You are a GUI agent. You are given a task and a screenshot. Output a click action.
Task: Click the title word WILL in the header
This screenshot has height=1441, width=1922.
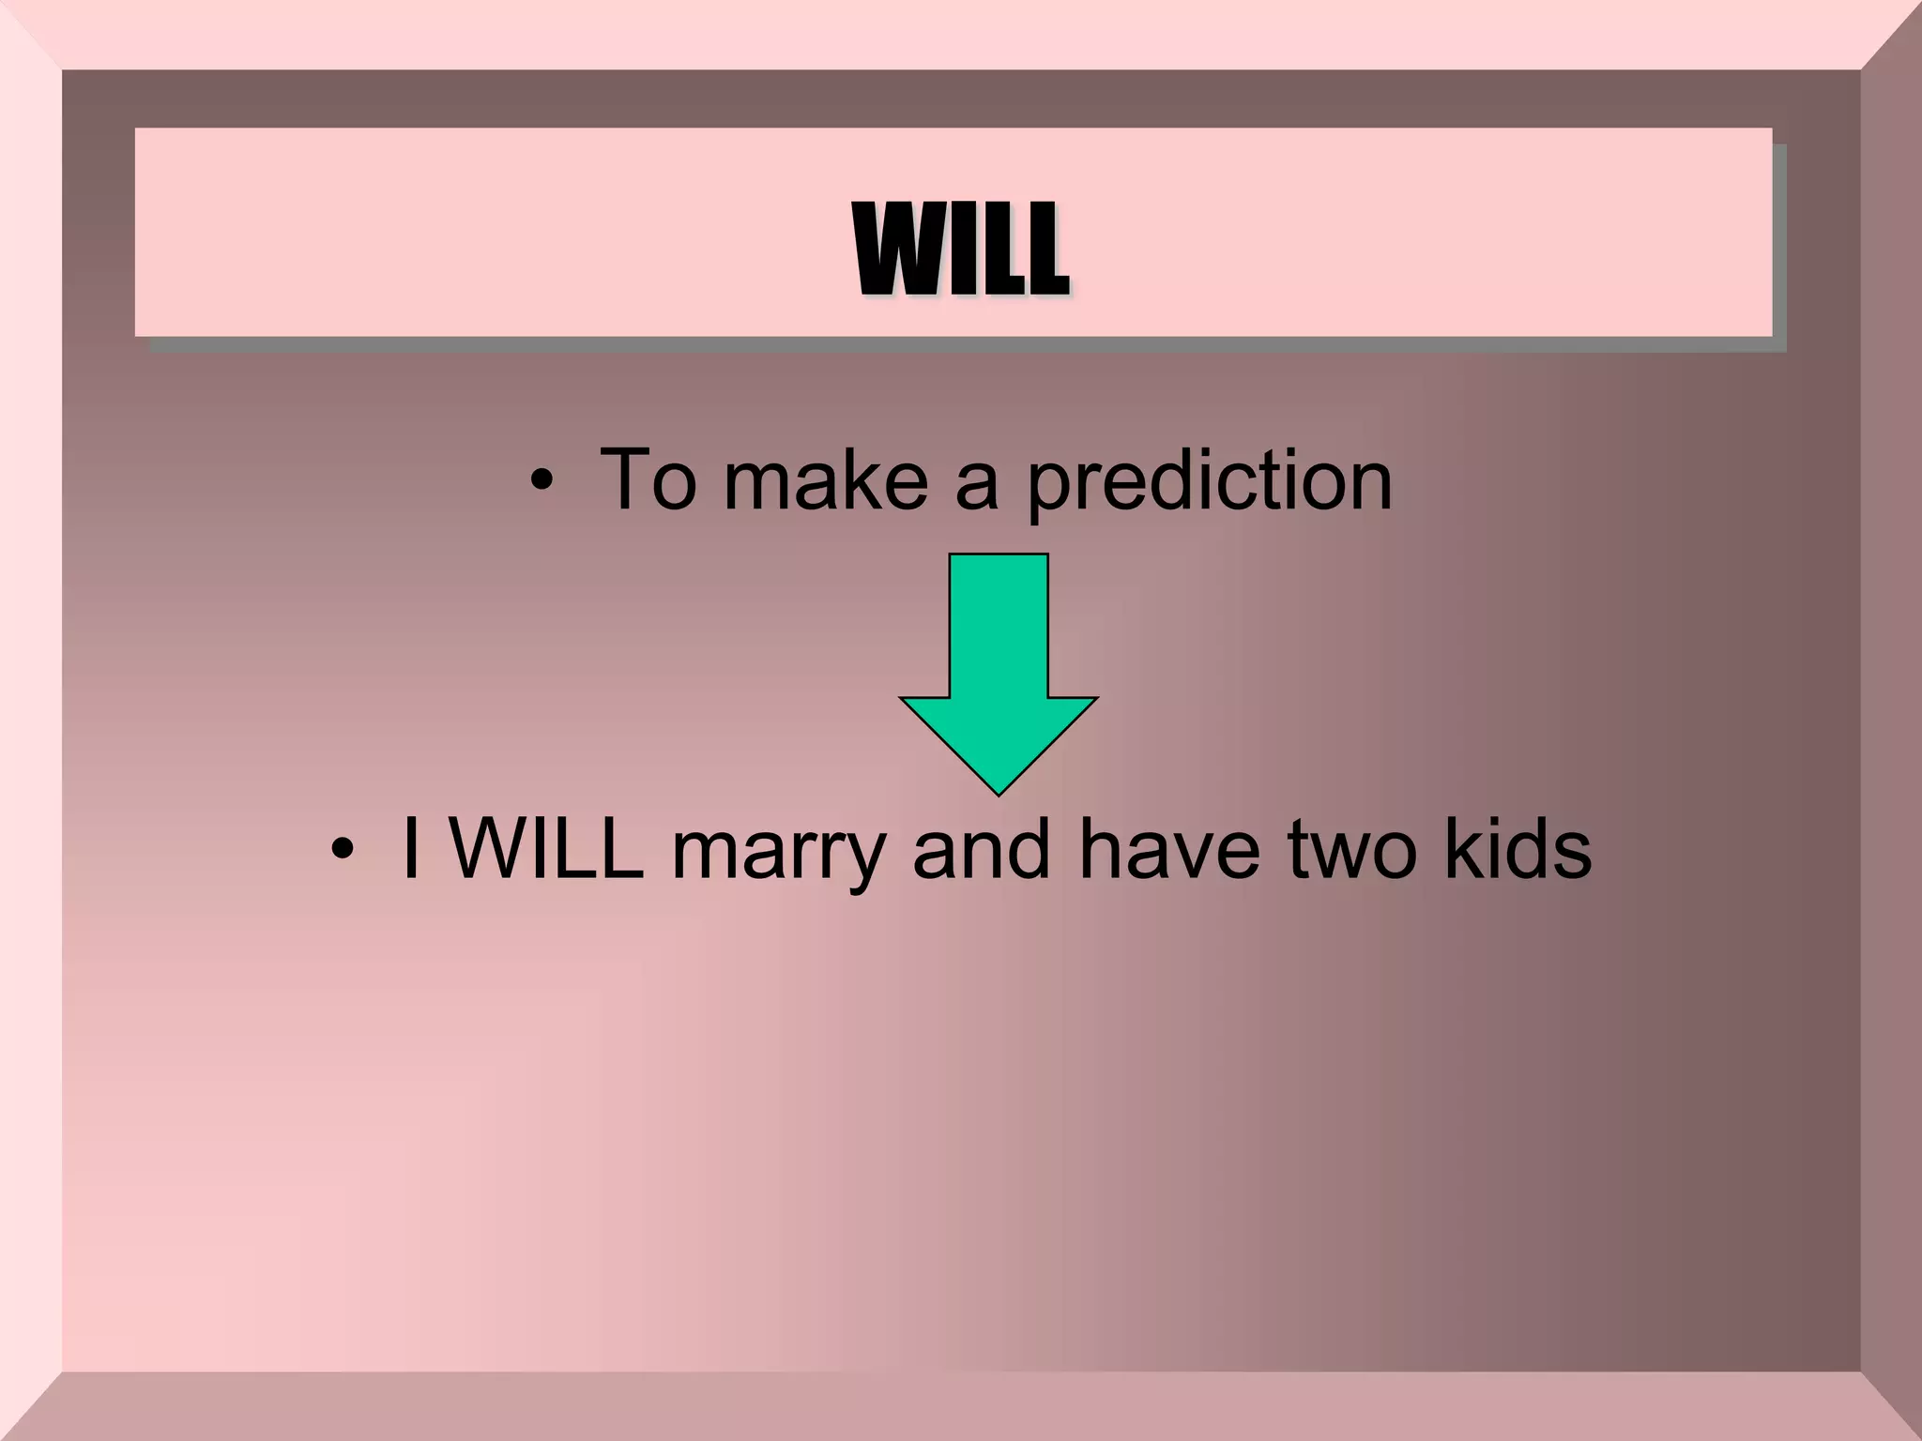point(961,249)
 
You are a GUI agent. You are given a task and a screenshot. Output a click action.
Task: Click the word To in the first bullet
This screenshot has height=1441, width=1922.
point(648,480)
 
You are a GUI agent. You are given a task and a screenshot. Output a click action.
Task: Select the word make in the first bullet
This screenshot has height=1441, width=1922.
point(826,480)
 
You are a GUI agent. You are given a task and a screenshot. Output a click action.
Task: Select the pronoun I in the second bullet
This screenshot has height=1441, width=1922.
point(410,849)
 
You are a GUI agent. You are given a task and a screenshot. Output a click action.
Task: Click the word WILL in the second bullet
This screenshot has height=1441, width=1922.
point(547,849)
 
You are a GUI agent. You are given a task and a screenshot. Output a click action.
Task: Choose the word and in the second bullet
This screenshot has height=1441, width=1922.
point(981,849)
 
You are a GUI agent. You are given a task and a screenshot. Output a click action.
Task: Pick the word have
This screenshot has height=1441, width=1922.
point(1169,849)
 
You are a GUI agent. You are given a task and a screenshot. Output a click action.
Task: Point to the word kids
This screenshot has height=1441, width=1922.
point(1518,849)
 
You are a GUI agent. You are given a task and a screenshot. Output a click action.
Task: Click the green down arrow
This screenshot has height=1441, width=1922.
point(999,657)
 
